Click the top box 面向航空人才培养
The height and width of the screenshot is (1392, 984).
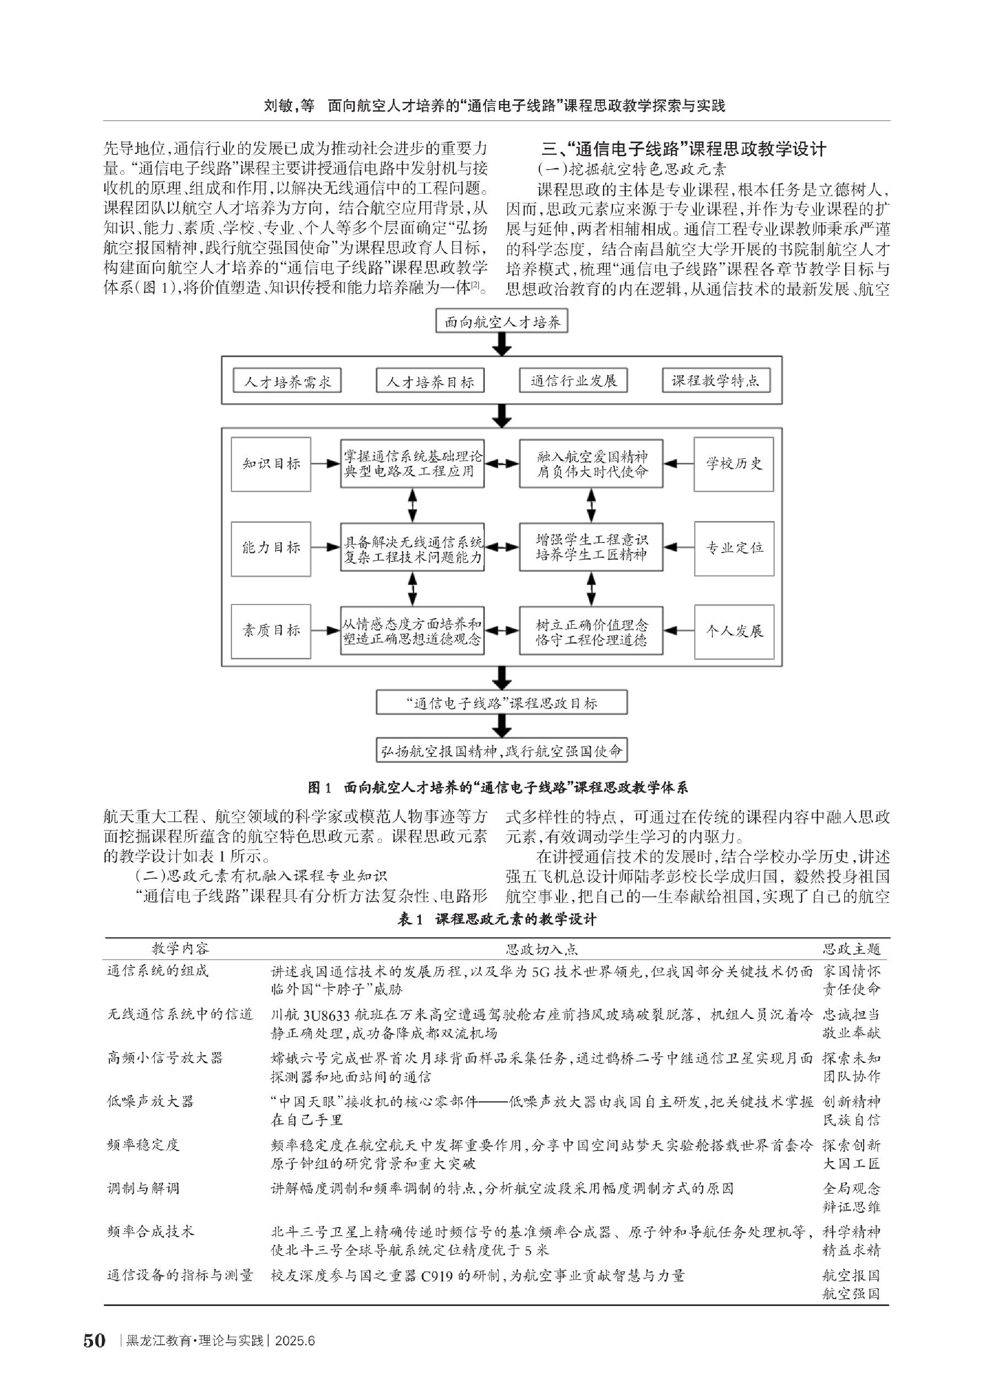502,321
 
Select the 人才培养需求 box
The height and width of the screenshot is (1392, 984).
287,381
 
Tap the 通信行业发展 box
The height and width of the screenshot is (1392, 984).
573,381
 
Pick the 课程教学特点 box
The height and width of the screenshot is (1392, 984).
716,381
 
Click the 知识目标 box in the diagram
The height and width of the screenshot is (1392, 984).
271,464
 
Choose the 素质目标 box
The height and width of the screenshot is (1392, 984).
271,631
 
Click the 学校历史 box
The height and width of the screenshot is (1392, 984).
734,464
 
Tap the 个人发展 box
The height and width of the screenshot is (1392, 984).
734,631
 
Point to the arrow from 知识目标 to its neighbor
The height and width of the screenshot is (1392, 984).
326,464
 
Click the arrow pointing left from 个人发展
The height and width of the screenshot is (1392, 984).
679,631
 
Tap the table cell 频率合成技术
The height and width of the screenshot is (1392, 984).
150,1231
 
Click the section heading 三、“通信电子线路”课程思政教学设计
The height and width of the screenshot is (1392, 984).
684,149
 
